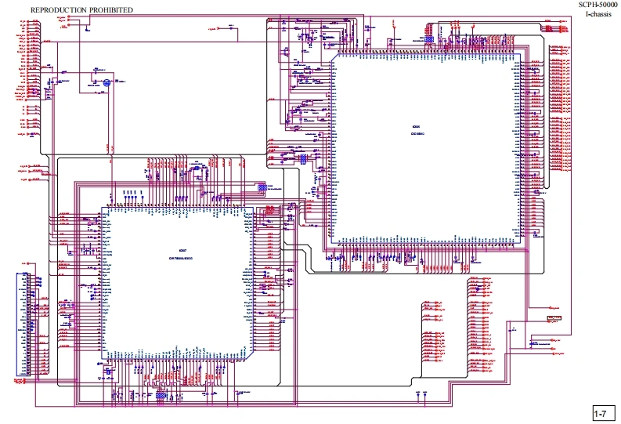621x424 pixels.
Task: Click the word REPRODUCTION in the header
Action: (x=60, y=9)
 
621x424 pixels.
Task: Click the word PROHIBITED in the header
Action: (x=111, y=9)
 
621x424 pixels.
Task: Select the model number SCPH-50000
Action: (x=598, y=5)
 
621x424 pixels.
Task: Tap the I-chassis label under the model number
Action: (x=598, y=15)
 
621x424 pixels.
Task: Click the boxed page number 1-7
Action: (x=601, y=413)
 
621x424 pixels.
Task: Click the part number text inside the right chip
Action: (x=417, y=134)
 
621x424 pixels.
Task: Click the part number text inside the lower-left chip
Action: (x=181, y=258)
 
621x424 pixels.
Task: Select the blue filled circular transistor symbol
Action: (x=107, y=81)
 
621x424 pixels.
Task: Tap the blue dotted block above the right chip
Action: (x=429, y=38)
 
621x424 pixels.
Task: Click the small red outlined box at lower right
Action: (x=554, y=318)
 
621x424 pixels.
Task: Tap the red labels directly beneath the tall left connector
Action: (x=22, y=382)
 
